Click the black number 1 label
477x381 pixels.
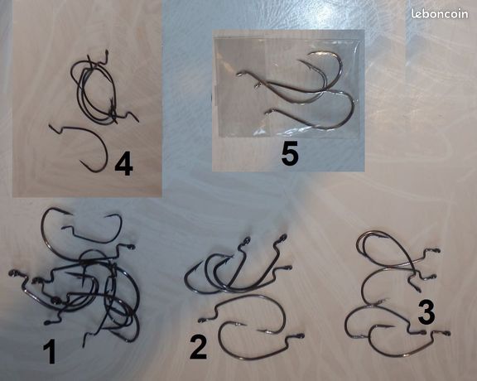point(50,352)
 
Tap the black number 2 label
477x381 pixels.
point(199,348)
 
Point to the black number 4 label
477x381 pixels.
point(124,165)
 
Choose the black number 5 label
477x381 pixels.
point(290,154)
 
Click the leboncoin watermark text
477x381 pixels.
point(440,14)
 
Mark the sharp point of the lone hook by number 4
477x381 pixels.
point(81,162)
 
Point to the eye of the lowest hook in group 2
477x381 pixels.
point(301,336)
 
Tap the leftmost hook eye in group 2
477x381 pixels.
point(200,320)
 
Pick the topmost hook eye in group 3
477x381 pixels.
point(437,251)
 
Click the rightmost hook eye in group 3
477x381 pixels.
point(447,333)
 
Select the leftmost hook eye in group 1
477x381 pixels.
point(12,272)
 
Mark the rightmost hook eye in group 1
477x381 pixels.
point(132,247)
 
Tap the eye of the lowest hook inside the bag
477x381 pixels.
point(267,113)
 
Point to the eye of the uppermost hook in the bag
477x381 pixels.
point(239,74)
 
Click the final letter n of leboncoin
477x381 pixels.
point(465,15)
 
